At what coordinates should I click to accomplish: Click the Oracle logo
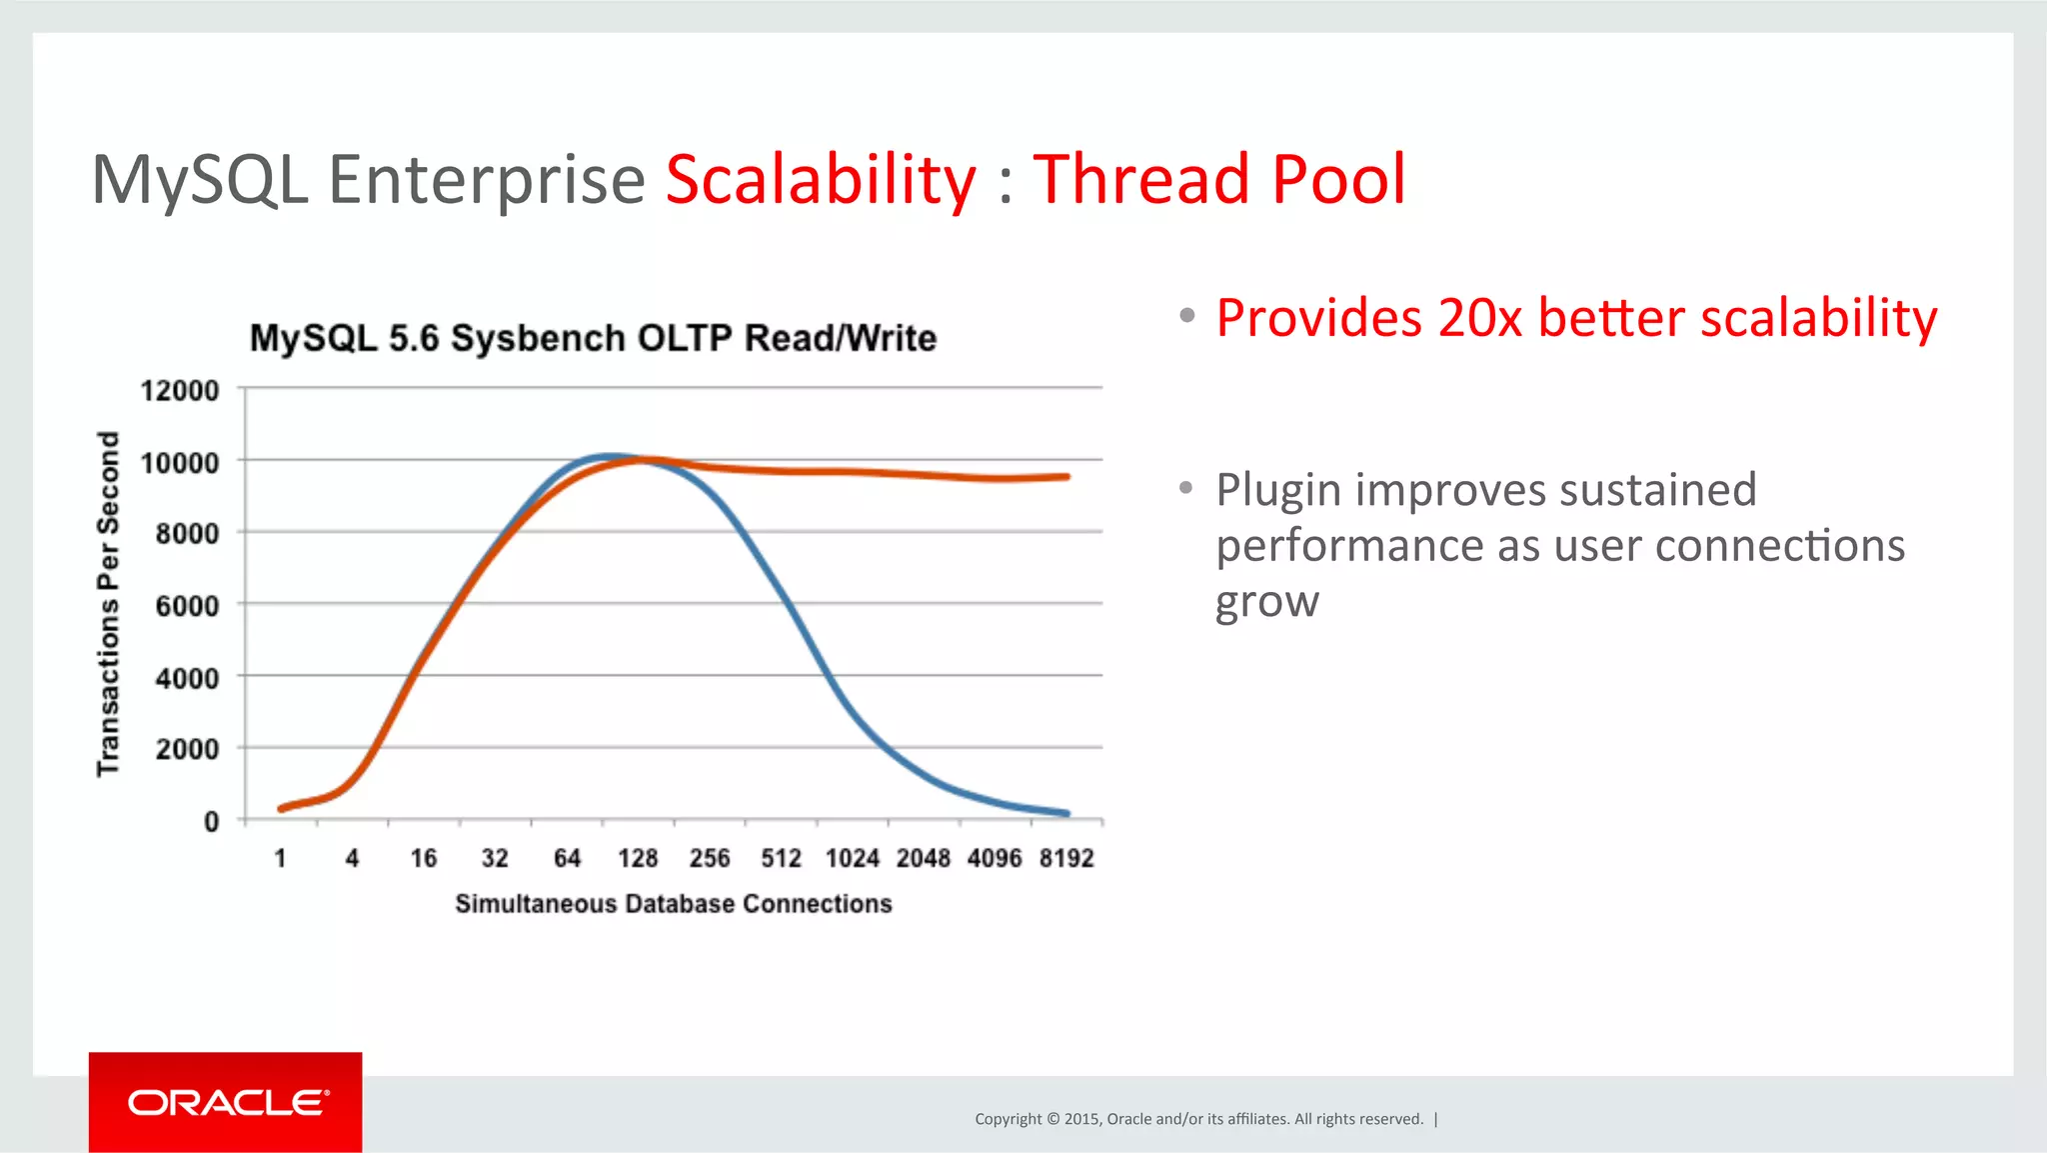point(226,1102)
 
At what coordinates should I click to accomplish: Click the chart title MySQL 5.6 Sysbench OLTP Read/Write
point(593,338)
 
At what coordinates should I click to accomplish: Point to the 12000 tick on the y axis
point(180,390)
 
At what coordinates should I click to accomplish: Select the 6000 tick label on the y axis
point(187,606)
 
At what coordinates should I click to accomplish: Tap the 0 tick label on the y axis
point(211,822)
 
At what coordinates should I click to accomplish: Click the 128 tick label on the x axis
point(638,858)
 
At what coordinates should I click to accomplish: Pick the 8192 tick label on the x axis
point(1066,858)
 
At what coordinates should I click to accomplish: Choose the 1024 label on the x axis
point(853,858)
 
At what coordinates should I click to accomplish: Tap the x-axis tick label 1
point(281,858)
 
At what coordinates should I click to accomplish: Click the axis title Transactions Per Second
point(108,604)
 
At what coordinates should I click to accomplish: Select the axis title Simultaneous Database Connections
point(673,904)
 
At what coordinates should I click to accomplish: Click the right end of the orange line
point(1066,477)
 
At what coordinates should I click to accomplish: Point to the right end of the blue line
point(1066,813)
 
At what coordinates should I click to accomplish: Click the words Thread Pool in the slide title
point(1218,180)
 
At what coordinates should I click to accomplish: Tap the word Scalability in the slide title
point(821,180)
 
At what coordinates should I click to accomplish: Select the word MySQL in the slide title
point(200,180)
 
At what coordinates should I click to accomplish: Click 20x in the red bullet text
point(1479,318)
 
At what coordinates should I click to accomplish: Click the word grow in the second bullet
point(1266,603)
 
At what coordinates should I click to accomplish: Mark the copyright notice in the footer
point(1198,1119)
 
